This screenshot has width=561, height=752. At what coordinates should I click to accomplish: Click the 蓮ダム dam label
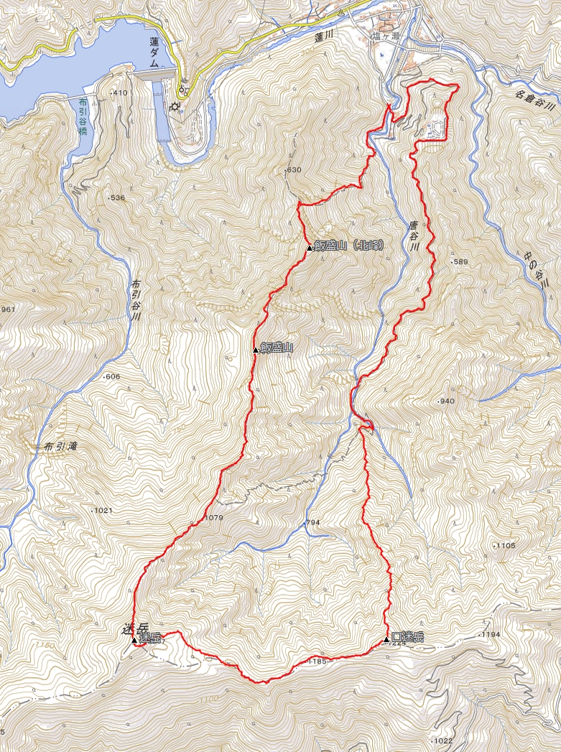(154, 52)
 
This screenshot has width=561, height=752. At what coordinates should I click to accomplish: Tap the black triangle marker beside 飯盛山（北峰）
(310, 248)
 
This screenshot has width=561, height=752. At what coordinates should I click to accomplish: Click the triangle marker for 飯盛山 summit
(256, 350)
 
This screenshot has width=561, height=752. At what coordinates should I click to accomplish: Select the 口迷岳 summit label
(407, 637)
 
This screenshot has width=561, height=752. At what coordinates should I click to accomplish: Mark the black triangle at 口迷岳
(386, 638)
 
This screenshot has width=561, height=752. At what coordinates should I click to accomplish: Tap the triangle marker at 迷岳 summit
(134, 639)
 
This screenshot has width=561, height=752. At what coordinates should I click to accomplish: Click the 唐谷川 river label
(414, 236)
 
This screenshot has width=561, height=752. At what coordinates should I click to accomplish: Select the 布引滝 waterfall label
(60, 446)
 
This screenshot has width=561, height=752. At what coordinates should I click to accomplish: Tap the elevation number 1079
(214, 517)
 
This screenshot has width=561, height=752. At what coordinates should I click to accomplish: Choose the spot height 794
(312, 523)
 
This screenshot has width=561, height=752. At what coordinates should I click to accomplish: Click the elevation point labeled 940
(445, 401)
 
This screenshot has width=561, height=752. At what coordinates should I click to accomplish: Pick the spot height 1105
(505, 546)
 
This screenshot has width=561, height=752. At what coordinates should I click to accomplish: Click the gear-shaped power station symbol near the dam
(174, 108)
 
